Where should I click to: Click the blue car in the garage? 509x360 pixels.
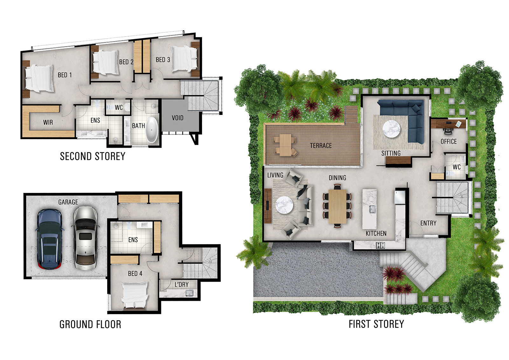tap(49, 239)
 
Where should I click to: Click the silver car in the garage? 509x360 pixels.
tap(85, 238)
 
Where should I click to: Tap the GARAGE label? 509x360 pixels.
tap(68, 202)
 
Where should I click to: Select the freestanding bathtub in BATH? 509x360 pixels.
tap(152, 130)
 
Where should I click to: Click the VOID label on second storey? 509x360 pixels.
tap(178, 118)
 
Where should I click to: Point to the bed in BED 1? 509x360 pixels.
tap(39, 78)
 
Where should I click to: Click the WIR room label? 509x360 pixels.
tap(48, 123)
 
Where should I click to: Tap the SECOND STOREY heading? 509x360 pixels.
tap(93, 156)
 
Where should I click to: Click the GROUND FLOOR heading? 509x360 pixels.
tap(90, 324)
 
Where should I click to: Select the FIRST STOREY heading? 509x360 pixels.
tap(376, 324)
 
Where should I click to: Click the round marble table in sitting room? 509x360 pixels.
tap(391, 129)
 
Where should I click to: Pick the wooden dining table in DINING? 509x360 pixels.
tap(337, 206)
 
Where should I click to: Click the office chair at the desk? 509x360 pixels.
tap(447, 131)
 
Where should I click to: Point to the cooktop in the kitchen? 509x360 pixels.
tap(380, 245)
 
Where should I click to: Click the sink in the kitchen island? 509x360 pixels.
tap(372, 209)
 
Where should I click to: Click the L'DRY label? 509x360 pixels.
tap(182, 285)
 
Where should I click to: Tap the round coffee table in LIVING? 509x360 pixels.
tap(284, 205)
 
